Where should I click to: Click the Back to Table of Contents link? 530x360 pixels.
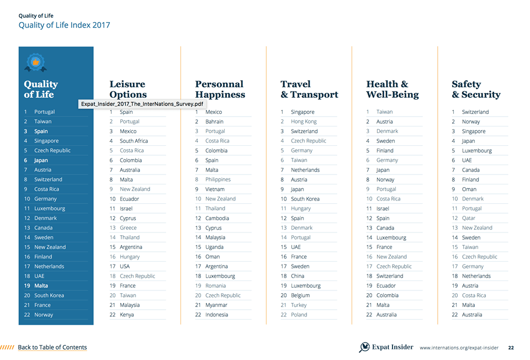click(x=52, y=347)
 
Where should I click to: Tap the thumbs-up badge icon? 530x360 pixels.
click(x=35, y=63)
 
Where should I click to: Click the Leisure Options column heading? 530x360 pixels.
click(x=128, y=89)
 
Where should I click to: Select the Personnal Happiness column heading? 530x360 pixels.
click(x=220, y=89)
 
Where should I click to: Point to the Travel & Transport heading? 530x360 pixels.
click(x=309, y=89)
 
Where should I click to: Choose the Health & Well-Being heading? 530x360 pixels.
click(x=392, y=89)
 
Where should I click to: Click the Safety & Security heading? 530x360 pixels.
click(x=476, y=89)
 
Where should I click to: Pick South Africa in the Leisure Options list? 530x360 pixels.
click(x=134, y=141)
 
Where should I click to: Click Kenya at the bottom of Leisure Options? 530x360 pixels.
click(x=126, y=315)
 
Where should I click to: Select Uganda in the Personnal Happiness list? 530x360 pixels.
click(x=214, y=247)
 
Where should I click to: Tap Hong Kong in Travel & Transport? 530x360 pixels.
click(x=304, y=121)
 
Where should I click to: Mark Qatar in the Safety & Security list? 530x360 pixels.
click(x=469, y=218)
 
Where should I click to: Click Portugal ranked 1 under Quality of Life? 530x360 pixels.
click(x=44, y=112)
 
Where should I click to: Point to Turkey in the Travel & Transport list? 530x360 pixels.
click(x=299, y=305)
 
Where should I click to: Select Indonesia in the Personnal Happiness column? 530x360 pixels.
click(x=216, y=315)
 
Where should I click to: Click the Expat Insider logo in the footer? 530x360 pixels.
click(x=386, y=347)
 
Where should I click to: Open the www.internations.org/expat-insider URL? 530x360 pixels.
click(x=459, y=348)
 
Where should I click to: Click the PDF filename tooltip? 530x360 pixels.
click(x=142, y=104)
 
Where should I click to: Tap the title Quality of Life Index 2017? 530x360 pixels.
click(x=64, y=25)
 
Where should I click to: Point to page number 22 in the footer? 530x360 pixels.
click(x=511, y=348)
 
